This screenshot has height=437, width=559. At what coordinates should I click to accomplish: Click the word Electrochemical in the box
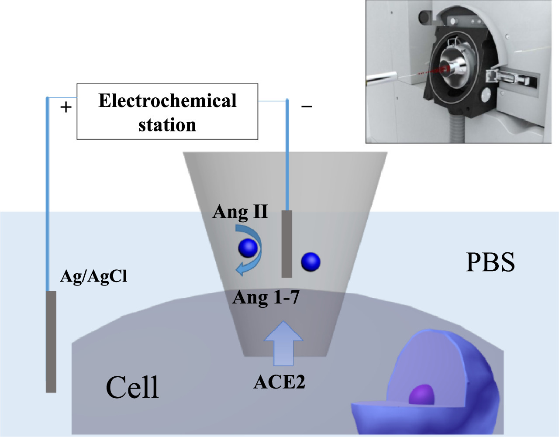point(167,101)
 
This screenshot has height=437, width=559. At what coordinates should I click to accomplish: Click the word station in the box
point(167,125)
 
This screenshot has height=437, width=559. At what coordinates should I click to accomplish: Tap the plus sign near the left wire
point(66,107)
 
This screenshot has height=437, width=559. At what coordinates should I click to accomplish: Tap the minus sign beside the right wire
point(307,106)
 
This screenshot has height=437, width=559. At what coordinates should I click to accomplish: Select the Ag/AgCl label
point(93,276)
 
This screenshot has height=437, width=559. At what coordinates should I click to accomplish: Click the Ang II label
point(240,212)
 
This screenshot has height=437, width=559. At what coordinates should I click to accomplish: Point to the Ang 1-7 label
point(266,297)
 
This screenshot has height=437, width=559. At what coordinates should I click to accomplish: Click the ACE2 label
point(279,382)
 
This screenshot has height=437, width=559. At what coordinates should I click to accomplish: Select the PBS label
point(490,262)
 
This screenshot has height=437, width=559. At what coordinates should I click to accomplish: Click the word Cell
point(132,387)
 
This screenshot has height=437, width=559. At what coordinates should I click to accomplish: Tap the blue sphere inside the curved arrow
point(248,248)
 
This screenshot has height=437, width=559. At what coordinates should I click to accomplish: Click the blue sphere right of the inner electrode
point(311,262)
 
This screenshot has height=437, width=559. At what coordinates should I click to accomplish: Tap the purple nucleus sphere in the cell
point(421,395)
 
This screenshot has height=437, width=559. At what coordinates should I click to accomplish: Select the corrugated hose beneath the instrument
point(455,129)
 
